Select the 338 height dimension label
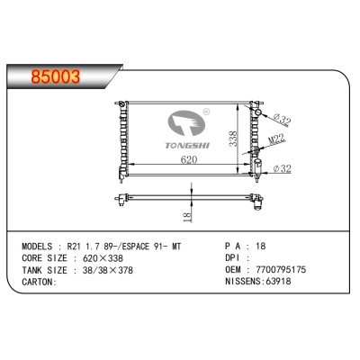click(x=233, y=137)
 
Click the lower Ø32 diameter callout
click(x=282, y=167)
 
